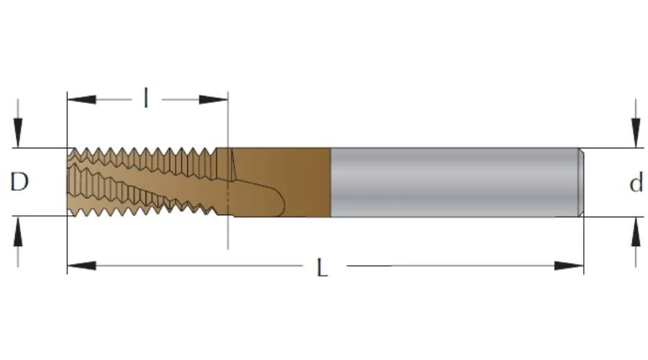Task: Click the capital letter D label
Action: (19, 182)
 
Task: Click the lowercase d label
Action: (636, 183)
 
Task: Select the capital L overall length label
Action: (322, 267)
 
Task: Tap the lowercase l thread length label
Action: (146, 98)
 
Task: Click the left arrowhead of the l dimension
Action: (81, 99)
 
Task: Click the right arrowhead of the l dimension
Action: (213, 99)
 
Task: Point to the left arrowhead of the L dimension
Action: (81, 266)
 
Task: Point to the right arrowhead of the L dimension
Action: (569, 266)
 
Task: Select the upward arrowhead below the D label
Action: (18, 230)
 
